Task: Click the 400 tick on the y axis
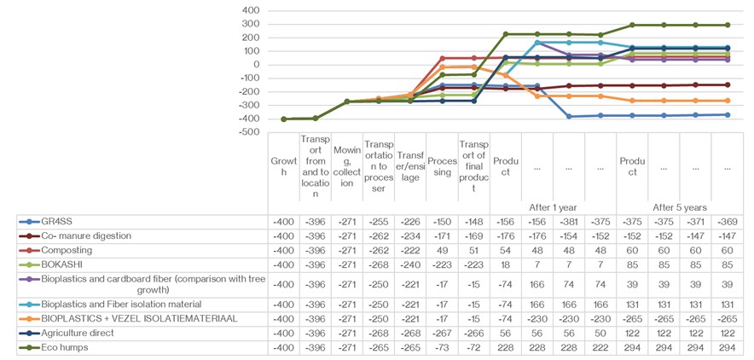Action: coord(250,10)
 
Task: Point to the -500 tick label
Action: coord(248,132)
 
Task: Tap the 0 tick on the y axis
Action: coord(255,65)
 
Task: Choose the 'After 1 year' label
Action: coord(553,207)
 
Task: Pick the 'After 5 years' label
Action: coord(679,207)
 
